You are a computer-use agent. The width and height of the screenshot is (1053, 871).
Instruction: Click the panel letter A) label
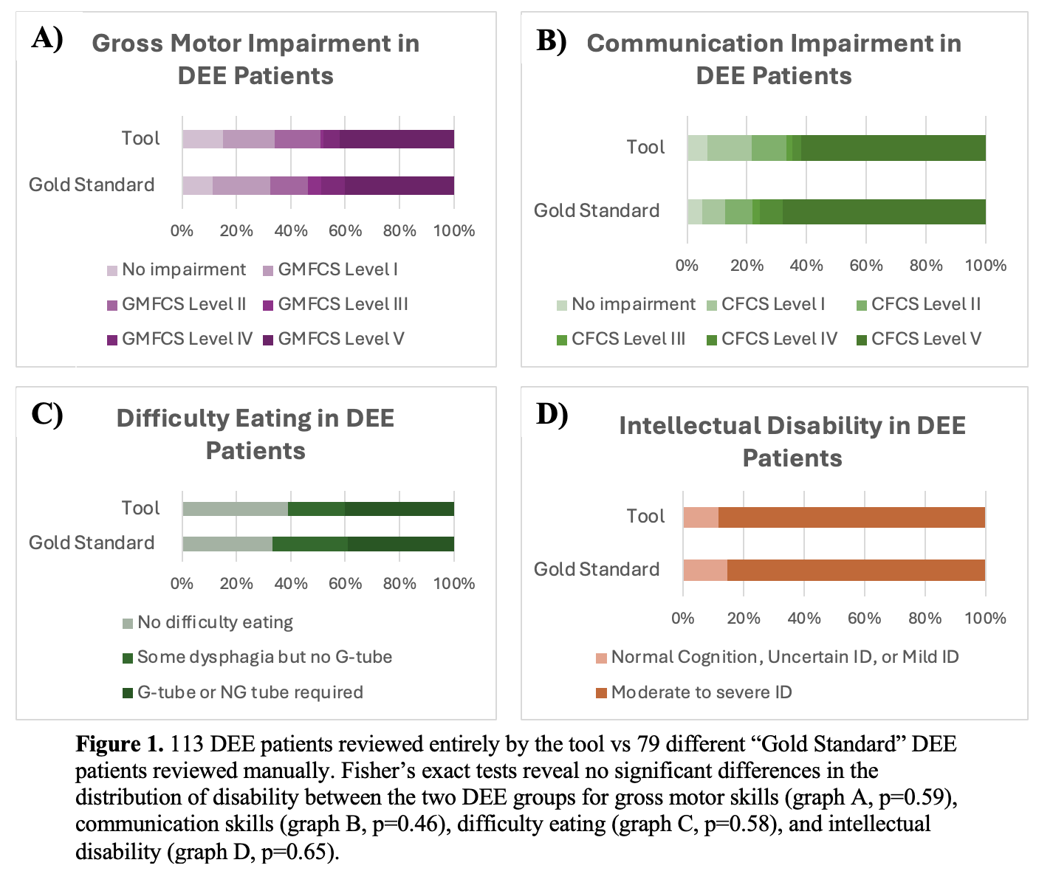click(x=47, y=38)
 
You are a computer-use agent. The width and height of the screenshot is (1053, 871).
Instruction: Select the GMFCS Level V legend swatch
click(x=268, y=340)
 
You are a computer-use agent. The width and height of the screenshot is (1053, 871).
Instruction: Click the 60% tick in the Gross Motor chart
click(x=345, y=231)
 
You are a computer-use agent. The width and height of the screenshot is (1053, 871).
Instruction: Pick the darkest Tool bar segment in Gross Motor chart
click(x=397, y=139)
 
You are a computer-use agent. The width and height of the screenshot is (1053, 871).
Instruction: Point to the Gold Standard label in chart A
click(x=92, y=185)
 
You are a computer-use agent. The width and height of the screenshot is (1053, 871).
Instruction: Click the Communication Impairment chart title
click(x=774, y=59)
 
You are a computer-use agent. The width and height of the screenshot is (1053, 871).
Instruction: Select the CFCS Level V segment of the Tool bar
click(x=893, y=148)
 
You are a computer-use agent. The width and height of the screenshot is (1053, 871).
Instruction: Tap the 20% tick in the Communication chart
click(x=747, y=266)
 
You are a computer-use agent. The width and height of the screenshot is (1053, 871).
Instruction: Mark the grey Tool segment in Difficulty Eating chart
click(x=235, y=509)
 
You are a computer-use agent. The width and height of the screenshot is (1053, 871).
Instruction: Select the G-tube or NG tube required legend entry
click(x=250, y=692)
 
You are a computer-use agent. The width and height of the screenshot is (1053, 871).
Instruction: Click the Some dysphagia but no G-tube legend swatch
click(x=128, y=658)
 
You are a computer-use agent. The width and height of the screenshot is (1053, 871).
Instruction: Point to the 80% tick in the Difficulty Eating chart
click(x=399, y=584)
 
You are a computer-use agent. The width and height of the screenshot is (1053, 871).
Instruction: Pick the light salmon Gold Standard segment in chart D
click(x=704, y=570)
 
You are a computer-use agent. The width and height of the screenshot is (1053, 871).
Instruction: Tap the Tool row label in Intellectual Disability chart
click(x=645, y=517)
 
